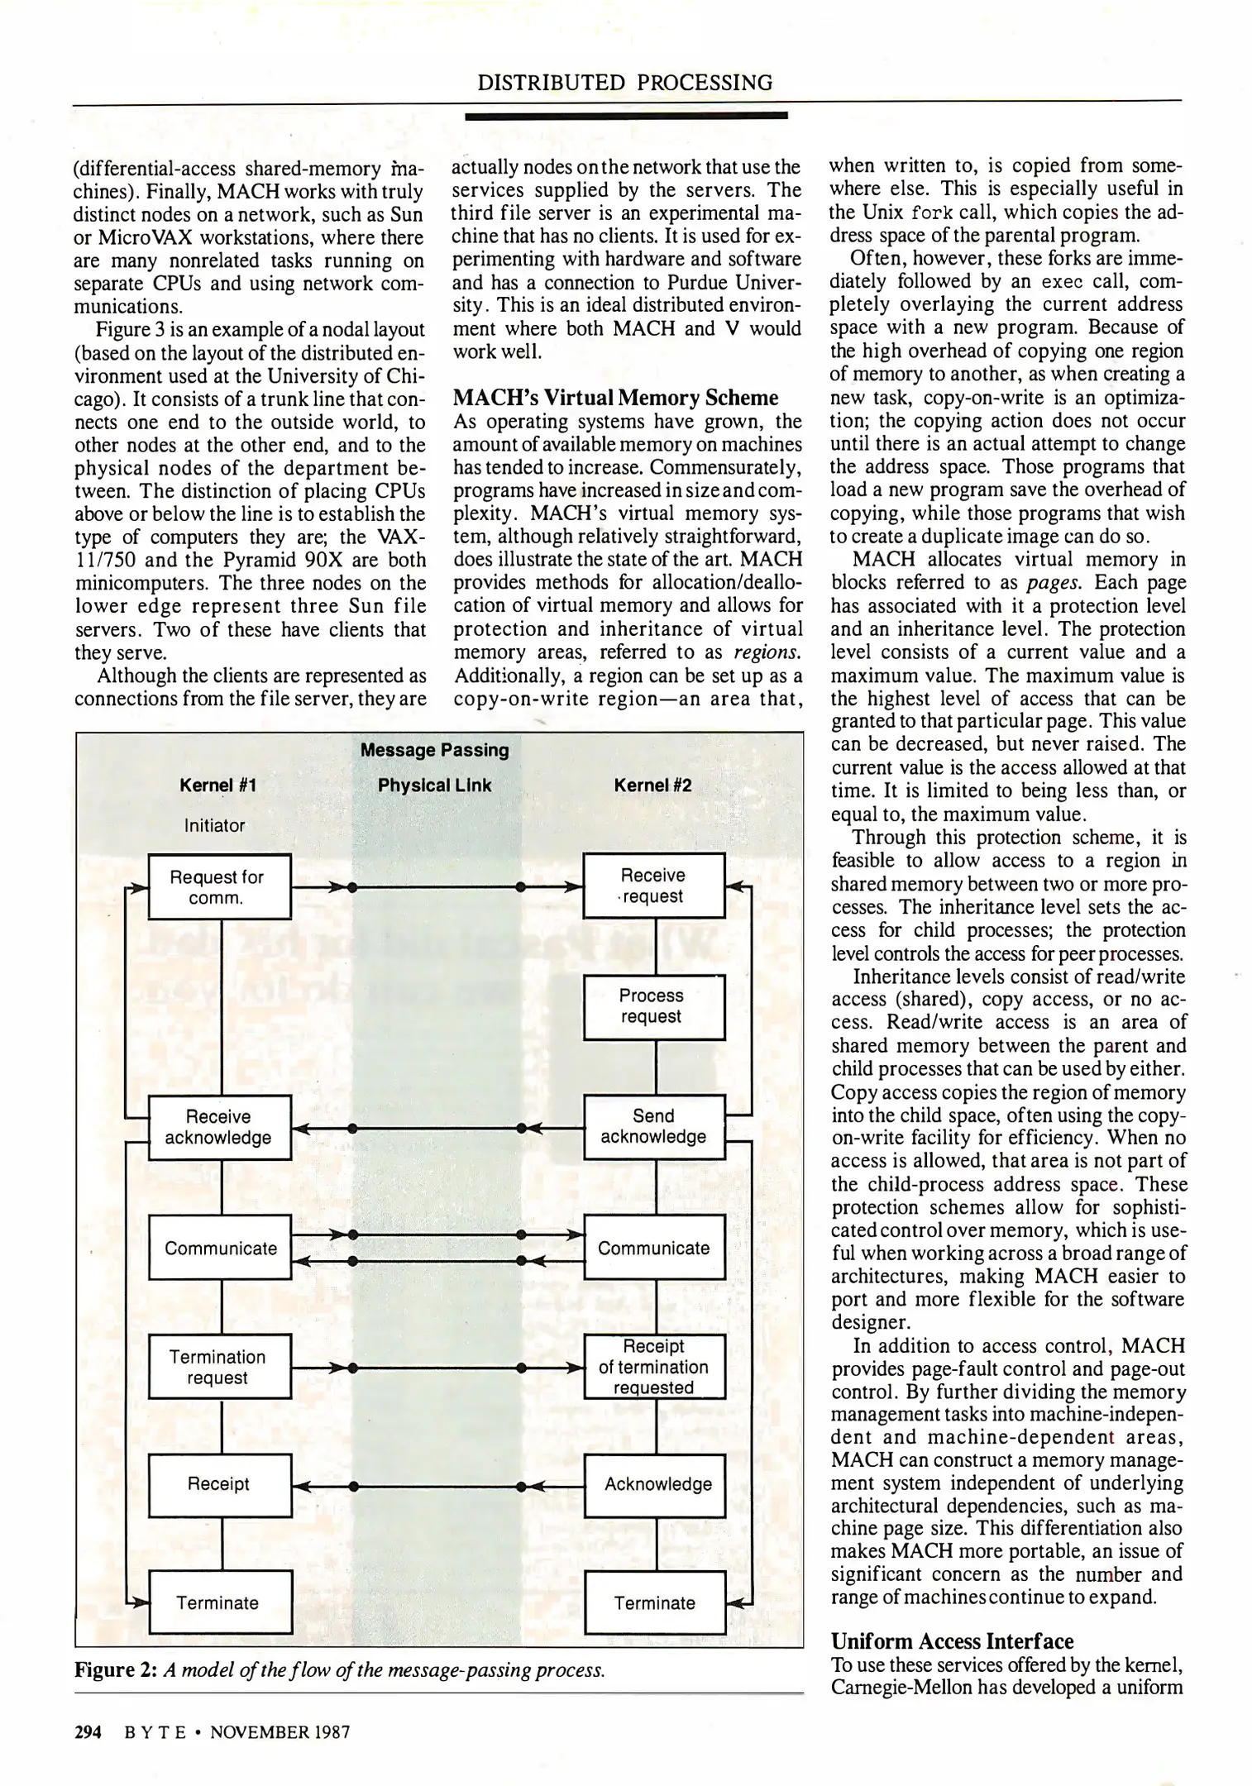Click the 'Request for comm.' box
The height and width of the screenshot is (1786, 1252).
[x=219, y=886]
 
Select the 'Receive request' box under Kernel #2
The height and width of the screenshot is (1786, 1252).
[x=653, y=886]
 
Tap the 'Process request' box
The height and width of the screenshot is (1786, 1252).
[x=653, y=1006]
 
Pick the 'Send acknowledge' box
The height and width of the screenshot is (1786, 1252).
[x=653, y=1127]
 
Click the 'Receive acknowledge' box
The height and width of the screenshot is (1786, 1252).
[x=219, y=1128]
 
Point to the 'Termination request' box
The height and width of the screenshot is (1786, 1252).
[x=219, y=1367]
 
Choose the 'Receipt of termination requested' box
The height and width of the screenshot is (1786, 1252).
[x=653, y=1367]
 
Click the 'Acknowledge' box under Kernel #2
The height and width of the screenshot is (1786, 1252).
[x=655, y=1484]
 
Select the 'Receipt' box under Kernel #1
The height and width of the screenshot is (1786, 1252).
[x=219, y=1484]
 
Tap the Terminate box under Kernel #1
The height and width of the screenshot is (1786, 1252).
[x=219, y=1602]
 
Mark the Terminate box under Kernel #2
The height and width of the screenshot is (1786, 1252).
[x=655, y=1602]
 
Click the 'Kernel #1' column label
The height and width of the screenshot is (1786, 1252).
[x=217, y=786]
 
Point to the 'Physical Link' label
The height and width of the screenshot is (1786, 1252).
[x=434, y=786]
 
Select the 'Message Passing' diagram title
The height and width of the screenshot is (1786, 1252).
[x=434, y=750]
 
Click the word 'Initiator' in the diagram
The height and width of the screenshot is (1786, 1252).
[x=214, y=825]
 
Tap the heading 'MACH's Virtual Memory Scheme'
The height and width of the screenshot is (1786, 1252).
[x=616, y=398]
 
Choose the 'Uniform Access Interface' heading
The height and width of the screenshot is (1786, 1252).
[x=952, y=1641]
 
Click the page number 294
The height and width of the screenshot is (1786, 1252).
[x=88, y=1732]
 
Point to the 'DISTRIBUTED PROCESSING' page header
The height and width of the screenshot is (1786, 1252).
[x=625, y=83]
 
